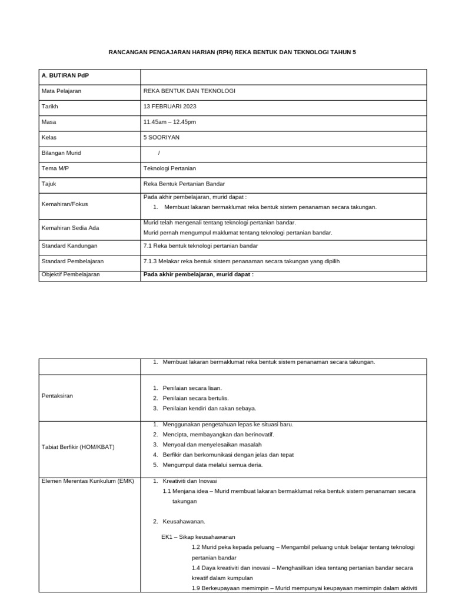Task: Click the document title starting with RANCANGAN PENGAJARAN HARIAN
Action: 232,52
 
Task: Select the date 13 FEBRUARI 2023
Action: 169,107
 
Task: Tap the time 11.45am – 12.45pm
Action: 169,122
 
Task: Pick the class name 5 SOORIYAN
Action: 161,137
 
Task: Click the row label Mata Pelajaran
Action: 61,91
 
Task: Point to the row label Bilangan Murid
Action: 61,153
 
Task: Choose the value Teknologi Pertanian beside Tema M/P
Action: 169,168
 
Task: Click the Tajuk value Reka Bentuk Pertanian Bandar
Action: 184,184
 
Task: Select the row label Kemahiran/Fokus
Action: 65,204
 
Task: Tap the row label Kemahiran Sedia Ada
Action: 68,227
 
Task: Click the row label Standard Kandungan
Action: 69,246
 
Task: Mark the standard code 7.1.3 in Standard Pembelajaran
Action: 151,261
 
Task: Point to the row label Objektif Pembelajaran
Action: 70,274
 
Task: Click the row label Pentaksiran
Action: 57,396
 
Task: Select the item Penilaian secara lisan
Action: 192,388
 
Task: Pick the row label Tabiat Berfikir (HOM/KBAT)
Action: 78,446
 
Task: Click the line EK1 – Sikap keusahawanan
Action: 198,536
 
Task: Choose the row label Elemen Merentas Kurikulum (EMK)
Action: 88,481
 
